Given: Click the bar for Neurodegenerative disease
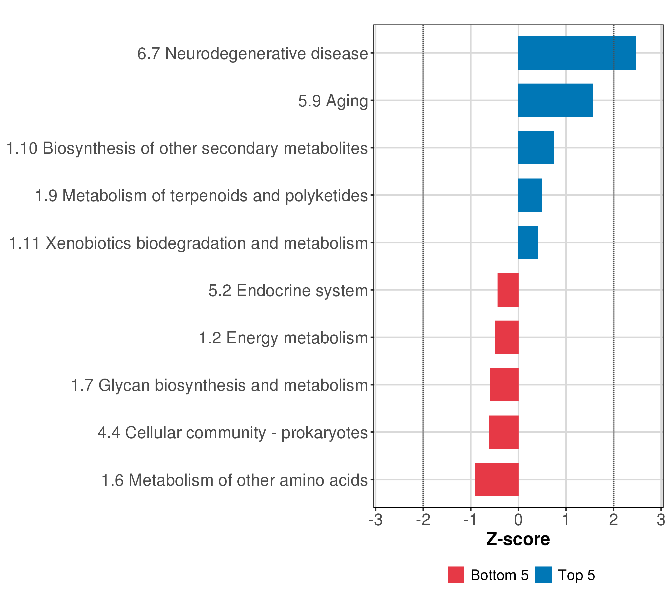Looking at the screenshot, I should coord(577,53).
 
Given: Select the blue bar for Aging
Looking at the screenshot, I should coord(555,100).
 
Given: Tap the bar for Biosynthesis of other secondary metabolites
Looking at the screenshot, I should coord(536,148).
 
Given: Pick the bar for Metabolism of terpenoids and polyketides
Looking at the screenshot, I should coord(530,195).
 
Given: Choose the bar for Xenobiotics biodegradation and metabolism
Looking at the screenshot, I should coord(528,243).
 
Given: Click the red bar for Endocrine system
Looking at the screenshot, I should coord(508,290).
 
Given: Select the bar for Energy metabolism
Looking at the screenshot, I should coord(507,337).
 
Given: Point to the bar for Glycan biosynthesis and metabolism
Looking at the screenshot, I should coord(504,385).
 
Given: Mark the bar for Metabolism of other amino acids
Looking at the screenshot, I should coord(497,479).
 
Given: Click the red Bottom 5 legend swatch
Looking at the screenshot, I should coord(456,575).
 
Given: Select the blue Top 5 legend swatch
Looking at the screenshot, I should coord(543,575).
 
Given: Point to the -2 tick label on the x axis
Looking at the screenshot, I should coord(423,520).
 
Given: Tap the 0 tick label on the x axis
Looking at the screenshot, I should coord(518,520).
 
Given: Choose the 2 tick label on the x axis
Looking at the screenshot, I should coord(613,520).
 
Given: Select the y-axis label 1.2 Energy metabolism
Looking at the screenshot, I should coord(283,338).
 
